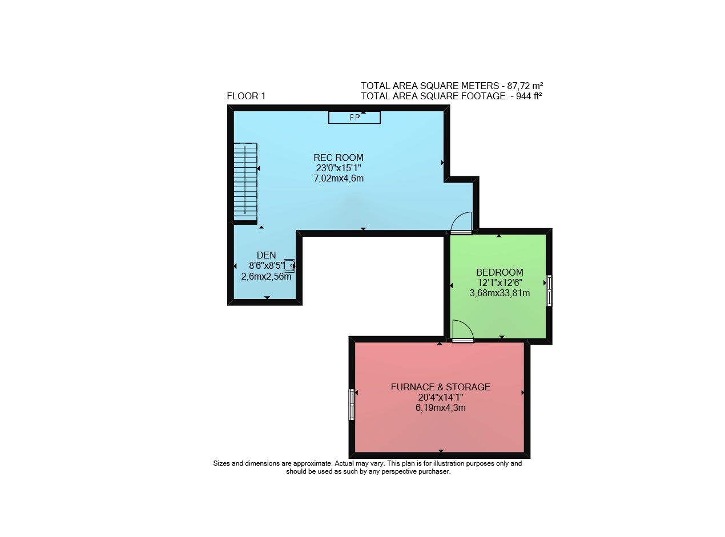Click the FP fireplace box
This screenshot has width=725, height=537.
[355, 118]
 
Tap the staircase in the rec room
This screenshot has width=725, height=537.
[245, 183]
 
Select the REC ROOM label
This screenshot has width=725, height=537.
[339, 158]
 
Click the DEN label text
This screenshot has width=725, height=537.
[266, 255]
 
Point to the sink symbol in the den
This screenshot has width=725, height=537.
[289, 266]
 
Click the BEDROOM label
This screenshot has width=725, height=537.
[500, 272]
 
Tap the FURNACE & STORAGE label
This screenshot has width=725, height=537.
[440, 387]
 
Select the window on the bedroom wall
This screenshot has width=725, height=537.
[549, 290]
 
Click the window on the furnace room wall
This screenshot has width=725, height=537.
[352, 404]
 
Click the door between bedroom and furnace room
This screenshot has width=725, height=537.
[463, 331]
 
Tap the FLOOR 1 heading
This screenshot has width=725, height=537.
[246, 96]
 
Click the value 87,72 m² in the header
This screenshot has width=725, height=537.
[525, 86]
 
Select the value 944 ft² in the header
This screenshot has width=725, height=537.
[529, 96]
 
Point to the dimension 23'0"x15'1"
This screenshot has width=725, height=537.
[339, 168]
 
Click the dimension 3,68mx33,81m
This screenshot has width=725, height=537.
[500, 293]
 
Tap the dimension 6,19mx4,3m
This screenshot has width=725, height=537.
[440, 408]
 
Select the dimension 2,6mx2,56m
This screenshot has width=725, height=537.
[266, 277]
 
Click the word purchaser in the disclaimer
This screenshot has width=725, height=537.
[434, 472]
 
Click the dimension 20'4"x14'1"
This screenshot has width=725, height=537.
[440, 397]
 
